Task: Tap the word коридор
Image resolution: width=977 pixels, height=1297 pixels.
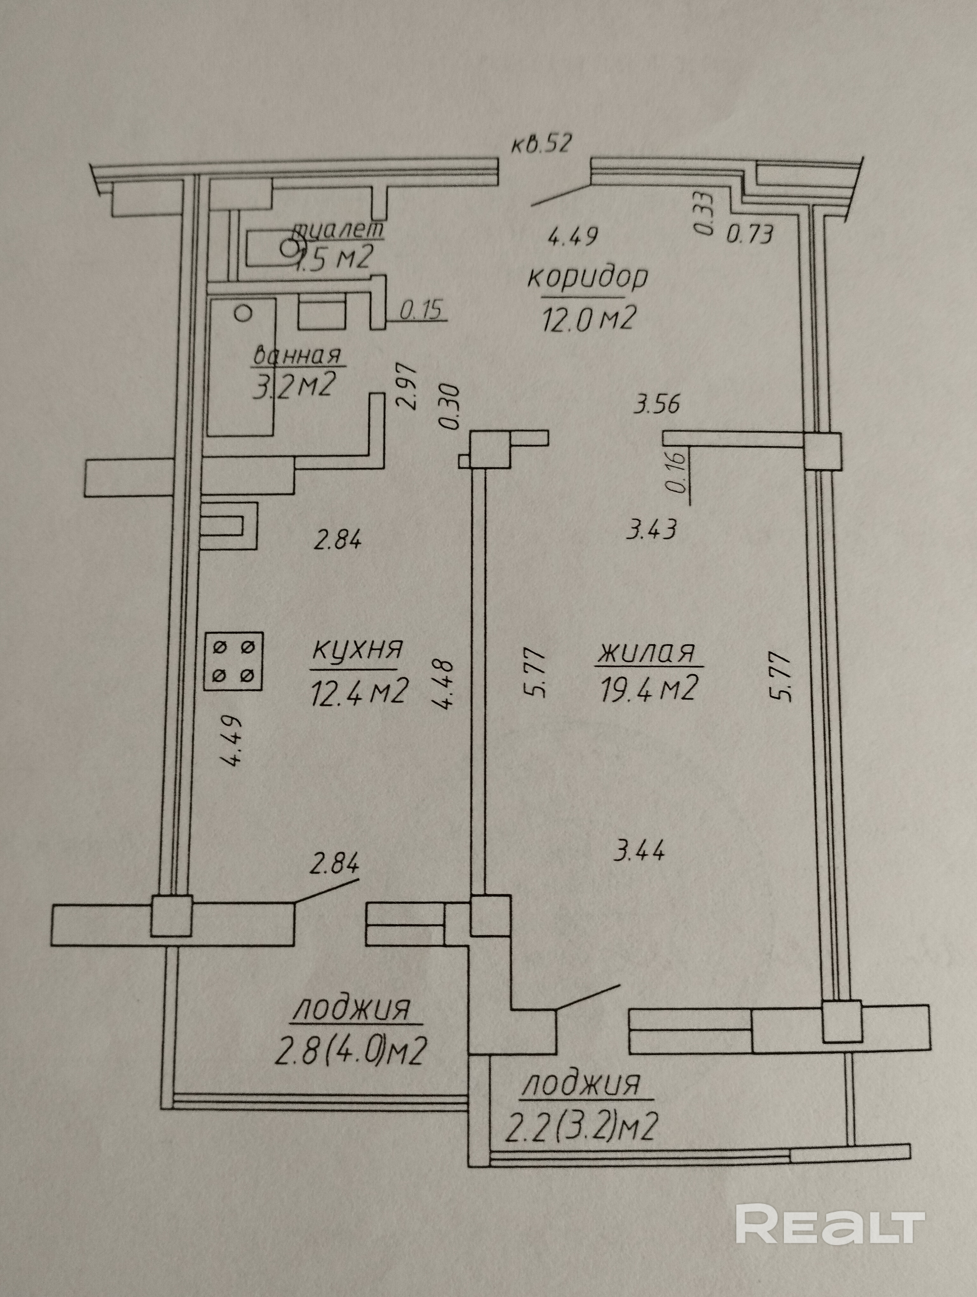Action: pos(588,278)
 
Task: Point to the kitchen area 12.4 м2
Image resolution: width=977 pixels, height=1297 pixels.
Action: pos(358,692)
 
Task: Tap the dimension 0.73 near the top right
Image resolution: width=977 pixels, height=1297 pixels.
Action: pos(751,235)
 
